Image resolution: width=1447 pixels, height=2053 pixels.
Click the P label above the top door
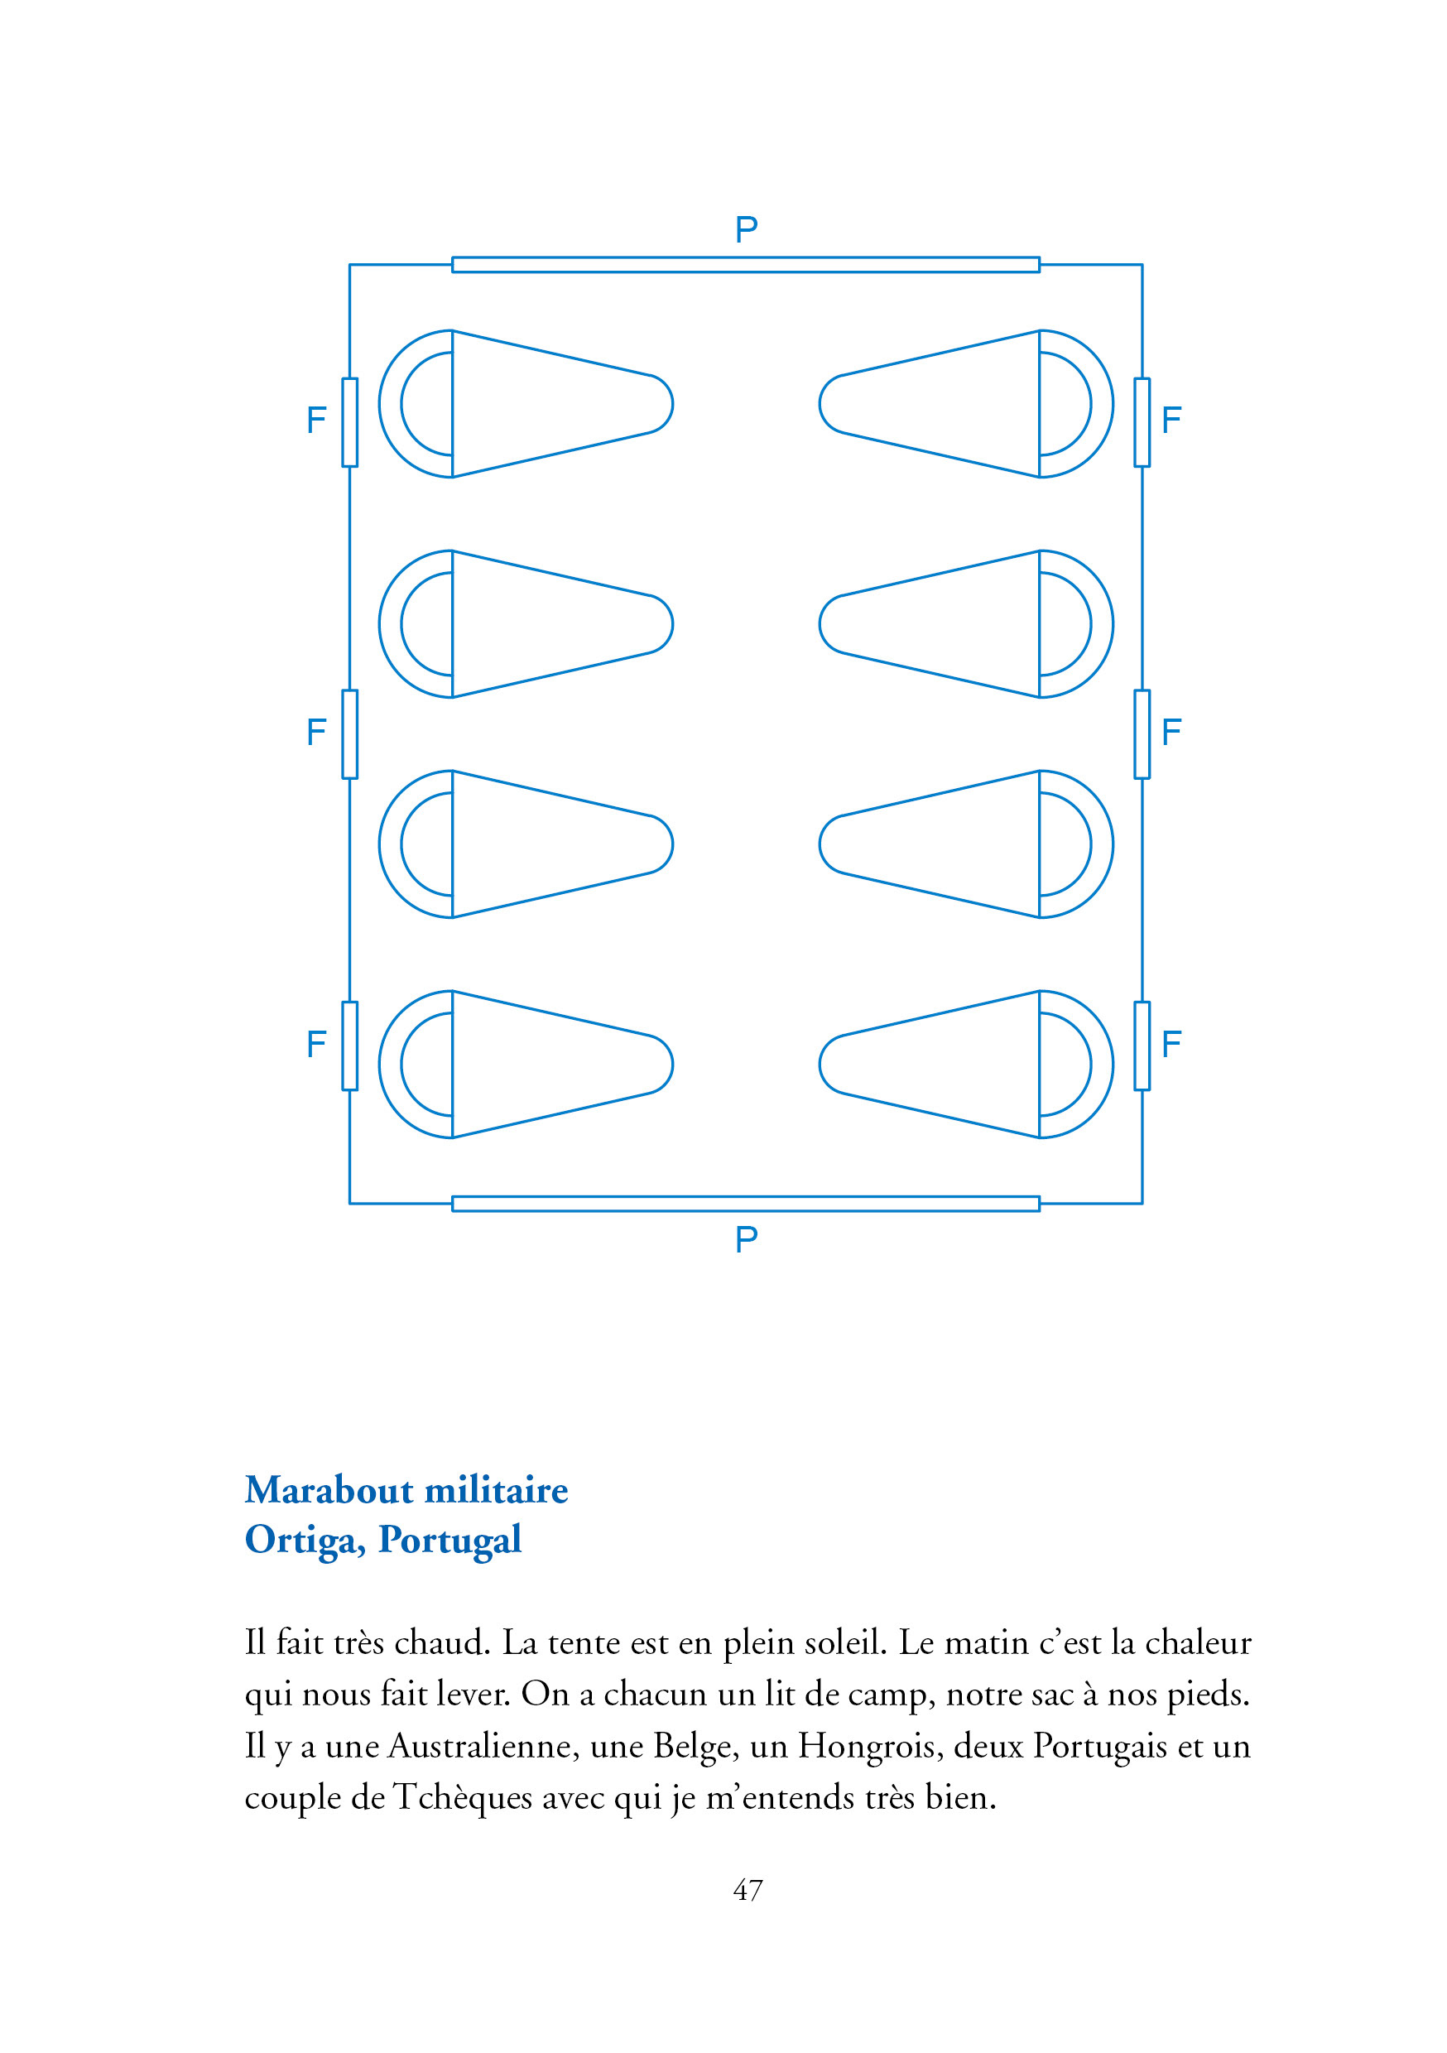[x=746, y=230]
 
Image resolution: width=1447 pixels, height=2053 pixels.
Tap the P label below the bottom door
[x=746, y=1239]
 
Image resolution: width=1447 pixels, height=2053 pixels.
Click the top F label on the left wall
[x=315, y=421]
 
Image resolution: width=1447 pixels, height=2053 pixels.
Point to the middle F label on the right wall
[x=1171, y=733]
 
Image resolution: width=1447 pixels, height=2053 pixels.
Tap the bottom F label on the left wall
[x=315, y=1044]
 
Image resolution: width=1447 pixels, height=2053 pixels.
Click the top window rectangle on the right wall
[x=1142, y=422]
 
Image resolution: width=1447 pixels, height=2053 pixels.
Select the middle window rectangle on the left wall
[x=349, y=734]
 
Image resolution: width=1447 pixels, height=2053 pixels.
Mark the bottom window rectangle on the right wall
[x=1142, y=1046]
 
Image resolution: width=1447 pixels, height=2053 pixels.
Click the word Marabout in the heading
[x=328, y=1491]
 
